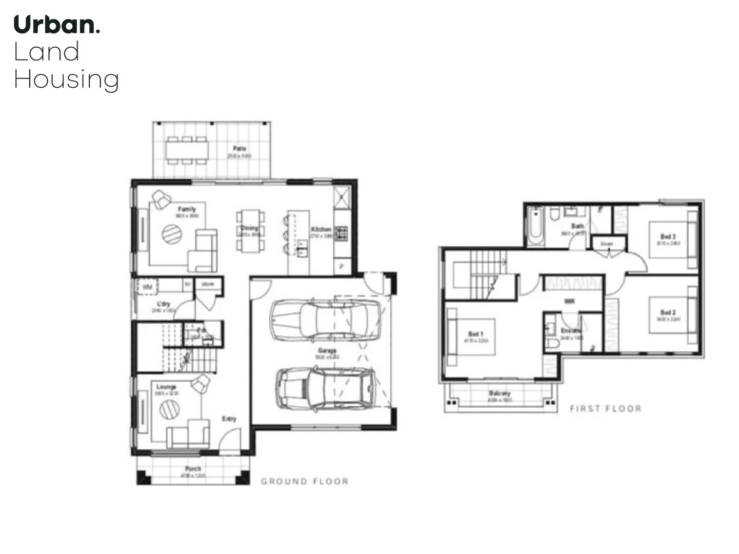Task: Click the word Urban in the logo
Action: pyautogui.click(x=54, y=25)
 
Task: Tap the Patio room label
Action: pyautogui.click(x=239, y=149)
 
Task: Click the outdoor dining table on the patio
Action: pyautogui.click(x=187, y=150)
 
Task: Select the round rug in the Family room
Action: pyautogui.click(x=172, y=234)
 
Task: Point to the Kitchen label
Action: pyautogui.click(x=321, y=229)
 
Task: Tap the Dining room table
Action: pyautogui.click(x=250, y=231)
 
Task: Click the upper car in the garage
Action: pyautogui.click(x=325, y=320)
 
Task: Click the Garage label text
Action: pyautogui.click(x=327, y=351)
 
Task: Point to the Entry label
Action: pyautogui.click(x=229, y=419)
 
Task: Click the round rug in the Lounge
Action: pyautogui.click(x=169, y=409)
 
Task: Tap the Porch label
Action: pyautogui.click(x=193, y=469)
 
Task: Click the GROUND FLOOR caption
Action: pyautogui.click(x=305, y=481)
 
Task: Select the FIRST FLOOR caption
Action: pyautogui.click(x=606, y=408)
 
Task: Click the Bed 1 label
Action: pyautogui.click(x=475, y=334)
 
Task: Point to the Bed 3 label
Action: pyautogui.click(x=668, y=236)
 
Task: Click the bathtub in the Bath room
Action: pyautogui.click(x=535, y=226)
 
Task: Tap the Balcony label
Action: pyautogui.click(x=499, y=393)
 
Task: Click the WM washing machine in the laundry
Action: pyautogui.click(x=147, y=287)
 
